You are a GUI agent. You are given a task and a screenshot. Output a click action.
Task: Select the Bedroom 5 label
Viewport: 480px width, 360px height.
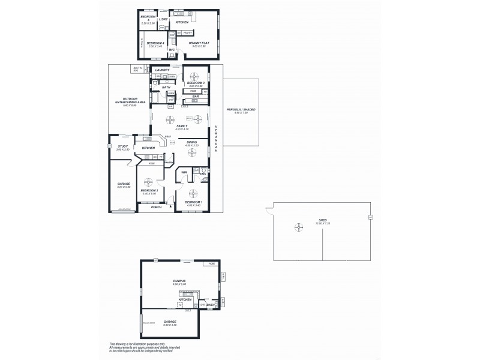[147, 18]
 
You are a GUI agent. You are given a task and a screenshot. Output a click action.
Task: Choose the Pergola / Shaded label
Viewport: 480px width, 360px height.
[245, 110]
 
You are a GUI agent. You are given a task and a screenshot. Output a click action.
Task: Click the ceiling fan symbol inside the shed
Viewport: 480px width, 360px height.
[298, 227]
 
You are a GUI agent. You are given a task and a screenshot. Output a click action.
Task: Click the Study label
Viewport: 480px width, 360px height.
[122, 146]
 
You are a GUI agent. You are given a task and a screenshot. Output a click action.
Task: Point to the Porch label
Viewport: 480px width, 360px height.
[156, 208]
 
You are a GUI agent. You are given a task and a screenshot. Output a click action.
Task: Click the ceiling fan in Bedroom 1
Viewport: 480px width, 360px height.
[193, 193]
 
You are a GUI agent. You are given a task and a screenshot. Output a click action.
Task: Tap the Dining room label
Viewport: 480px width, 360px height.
[192, 142]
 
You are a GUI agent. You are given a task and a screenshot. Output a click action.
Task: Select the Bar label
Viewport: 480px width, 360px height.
[195, 96]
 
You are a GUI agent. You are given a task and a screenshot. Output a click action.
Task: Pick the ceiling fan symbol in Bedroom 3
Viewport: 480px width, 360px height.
[194, 76]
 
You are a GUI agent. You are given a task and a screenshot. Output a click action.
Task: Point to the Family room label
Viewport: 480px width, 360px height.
[182, 126]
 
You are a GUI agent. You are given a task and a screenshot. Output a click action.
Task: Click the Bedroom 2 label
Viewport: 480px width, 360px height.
[150, 190]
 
